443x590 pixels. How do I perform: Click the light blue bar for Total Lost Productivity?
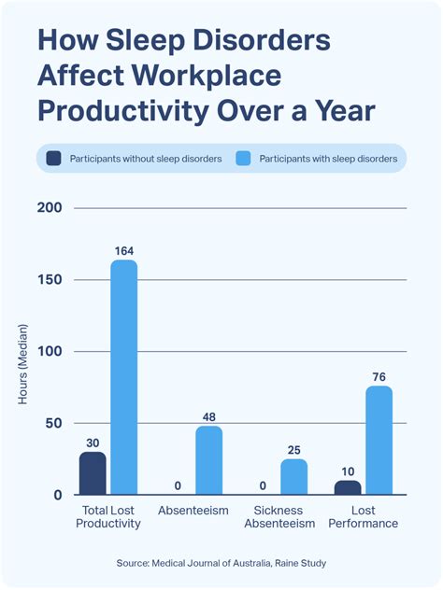pyautogui.click(x=123, y=377)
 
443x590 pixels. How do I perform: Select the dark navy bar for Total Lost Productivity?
pyautogui.click(x=92, y=473)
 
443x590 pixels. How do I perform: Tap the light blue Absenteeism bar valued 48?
pyautogui.click(x=208, y=460)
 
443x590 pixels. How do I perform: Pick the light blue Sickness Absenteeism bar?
pyautogui.click(x=293, y=477)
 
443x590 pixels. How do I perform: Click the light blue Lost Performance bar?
pyautogui.click(x=379, y=441)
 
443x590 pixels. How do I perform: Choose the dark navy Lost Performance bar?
pyautogui.click(x=347, y=487)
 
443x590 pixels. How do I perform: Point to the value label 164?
pyautogui.click(x=123, y=250)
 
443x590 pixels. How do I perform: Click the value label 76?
pyautogui.click(x=379, y=377)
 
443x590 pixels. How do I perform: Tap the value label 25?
pyautogui.click(x=293, y=450)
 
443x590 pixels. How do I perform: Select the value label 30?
pyautogui.click(x=92, y=442)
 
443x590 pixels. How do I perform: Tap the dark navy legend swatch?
pyautogui.click(x=53, y=159)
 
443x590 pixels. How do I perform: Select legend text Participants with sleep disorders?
pyautogui.click(x=327, y=159)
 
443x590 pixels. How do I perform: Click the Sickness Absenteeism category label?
pyautogui.click(x=279, y=517)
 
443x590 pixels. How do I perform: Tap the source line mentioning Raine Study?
pyautogui.click(x=221, y=563)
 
